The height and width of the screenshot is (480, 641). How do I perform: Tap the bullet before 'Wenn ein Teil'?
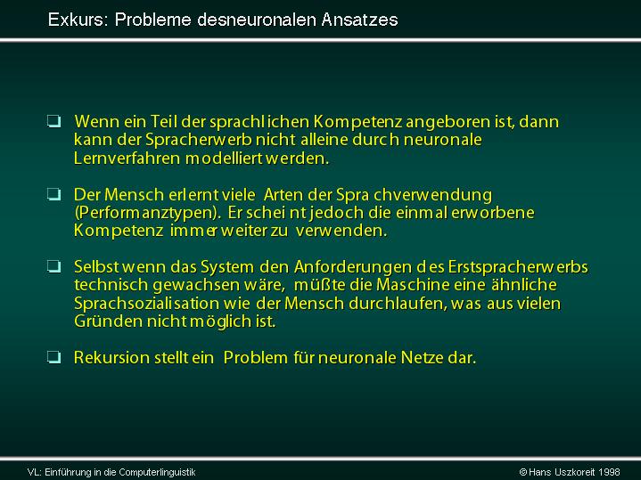(x=54, y=121)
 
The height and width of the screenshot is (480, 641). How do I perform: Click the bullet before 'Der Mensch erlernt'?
(x=54, y=194)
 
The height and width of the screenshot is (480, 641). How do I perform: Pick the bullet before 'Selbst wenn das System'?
(x=54, y=267)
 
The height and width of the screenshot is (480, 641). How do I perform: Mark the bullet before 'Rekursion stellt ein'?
(x=54, y=357)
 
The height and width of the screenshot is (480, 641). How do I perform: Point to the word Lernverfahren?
(x=127, y=159)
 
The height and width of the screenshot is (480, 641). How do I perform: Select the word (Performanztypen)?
(x=148, y=213)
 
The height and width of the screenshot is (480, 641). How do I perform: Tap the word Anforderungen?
(x=353, y=267)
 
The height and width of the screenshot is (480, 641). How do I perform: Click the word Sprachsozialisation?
(x=146, y=304)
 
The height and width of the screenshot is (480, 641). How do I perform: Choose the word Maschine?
(x=413, y=285)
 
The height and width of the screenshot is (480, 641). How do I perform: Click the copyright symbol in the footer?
(x=522, y=472)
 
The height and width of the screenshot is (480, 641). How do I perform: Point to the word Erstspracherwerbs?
(x=518, y=267)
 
